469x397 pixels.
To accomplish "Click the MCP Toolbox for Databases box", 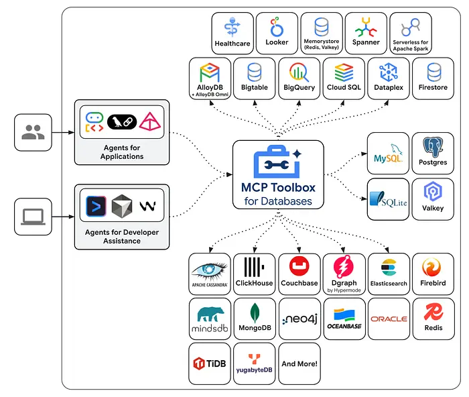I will click(x=278, y=174).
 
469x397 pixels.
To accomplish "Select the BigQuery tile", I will click(x=299, y=78).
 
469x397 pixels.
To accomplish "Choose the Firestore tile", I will click(x=433, y=78).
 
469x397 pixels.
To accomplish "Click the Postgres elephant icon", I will click(x=433, y=148).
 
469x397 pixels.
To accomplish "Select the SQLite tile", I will click(x=388, y=198).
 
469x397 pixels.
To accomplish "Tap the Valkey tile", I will click(x=433, y=198).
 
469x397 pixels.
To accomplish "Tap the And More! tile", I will click(x=299, y=363).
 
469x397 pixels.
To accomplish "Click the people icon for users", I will click(x=32, y=132).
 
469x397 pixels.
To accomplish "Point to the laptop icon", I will click(x=32, y=216).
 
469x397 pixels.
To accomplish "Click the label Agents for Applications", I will click(x=122, y=152).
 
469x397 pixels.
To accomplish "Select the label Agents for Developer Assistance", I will click(x=122, y=236).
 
